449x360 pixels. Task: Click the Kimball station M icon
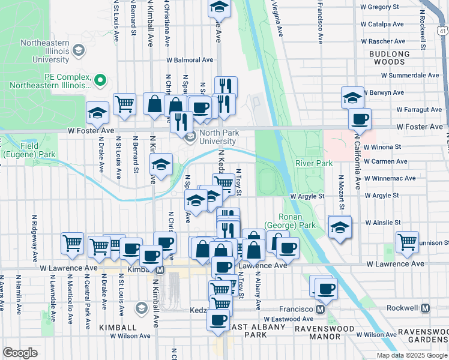click(x=160, y=271)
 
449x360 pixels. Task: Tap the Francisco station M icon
click(x=320, y=309)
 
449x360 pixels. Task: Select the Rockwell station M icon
click(x=425, y=308)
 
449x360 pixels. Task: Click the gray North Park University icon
click(x=190, y=137)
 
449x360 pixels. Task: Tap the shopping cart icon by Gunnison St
click(x=408, y=242)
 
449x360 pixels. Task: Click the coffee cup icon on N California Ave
click(x=360, y=119)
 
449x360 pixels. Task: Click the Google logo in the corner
click(x=20, y=353)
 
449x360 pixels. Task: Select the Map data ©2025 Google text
click(x=412, y=355)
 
